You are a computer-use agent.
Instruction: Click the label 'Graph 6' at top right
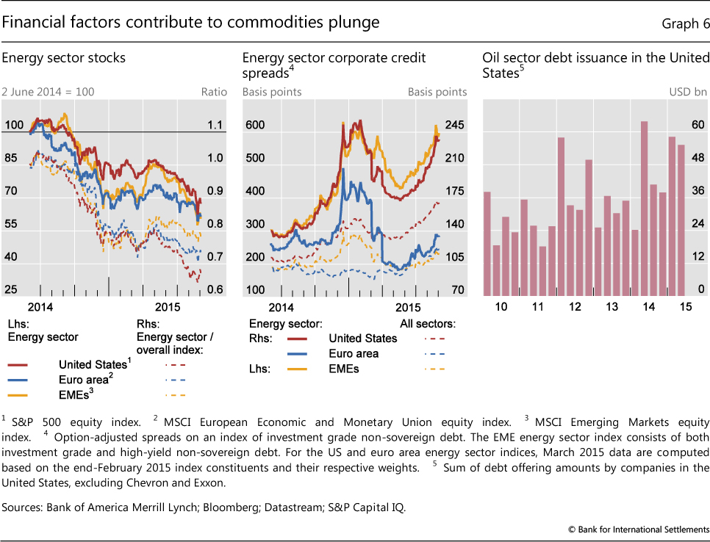pos(681,24)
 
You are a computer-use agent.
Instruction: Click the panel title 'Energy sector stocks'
pos(64,57)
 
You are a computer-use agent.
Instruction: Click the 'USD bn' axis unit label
pos(687,93)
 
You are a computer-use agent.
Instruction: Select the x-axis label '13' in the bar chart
pos(612,306)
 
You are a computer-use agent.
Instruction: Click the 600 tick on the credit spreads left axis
pos(254,126)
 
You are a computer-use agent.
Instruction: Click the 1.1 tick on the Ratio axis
pos(215,126)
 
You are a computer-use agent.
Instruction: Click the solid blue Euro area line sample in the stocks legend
pos(28,380)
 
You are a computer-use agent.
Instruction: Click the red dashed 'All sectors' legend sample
pos(434,339)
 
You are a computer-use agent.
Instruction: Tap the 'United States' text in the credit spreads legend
pos(362,339)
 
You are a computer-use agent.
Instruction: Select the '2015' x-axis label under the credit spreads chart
pos(409,306)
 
